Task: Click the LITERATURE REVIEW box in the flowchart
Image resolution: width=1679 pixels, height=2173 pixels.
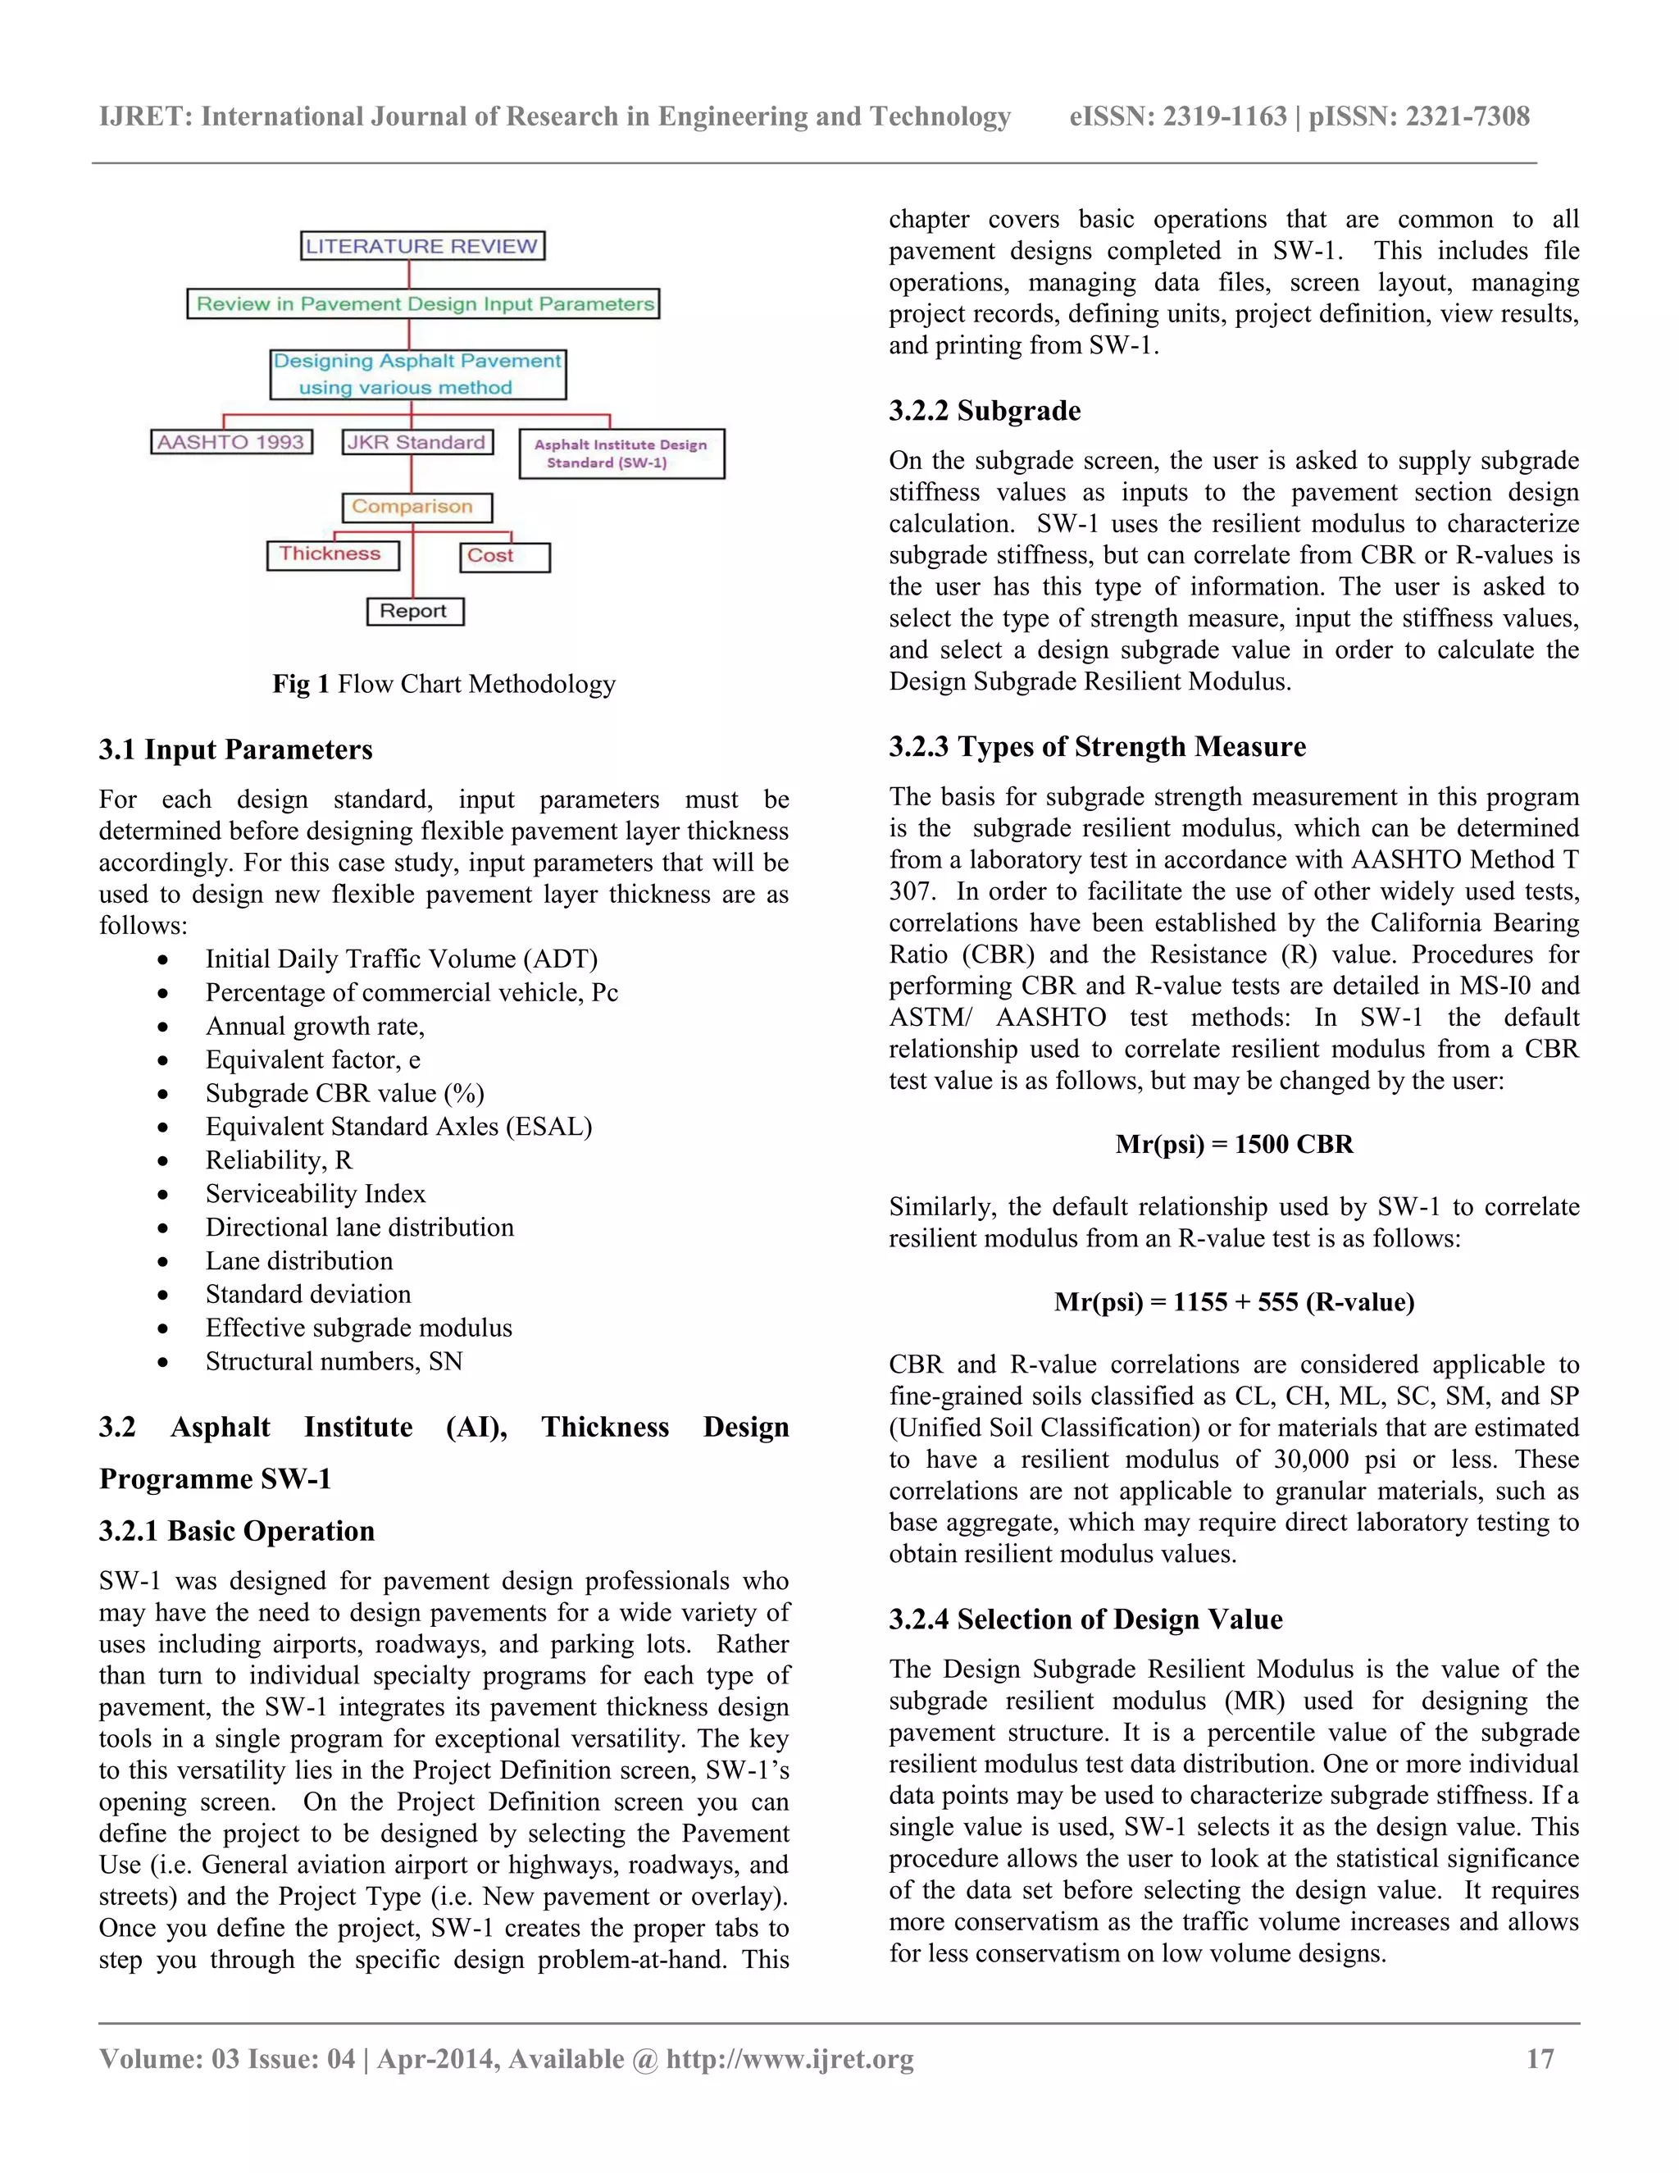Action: click(x=421, y=246)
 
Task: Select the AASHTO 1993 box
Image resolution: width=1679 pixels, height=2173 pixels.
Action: click(x=230, y=442)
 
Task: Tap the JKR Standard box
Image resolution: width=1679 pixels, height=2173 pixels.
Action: click(x=416, y=442)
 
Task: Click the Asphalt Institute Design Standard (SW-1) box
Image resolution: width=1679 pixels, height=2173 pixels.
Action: click(x=621, y=453)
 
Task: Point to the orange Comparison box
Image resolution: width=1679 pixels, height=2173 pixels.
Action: click(x=416, y=507)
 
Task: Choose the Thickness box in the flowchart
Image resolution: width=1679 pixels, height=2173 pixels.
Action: click(x=331, y=554)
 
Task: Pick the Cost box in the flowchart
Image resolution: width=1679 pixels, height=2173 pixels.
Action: click(x=503, y=556)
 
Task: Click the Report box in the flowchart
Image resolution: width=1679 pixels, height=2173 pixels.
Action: click(x=415, y=611)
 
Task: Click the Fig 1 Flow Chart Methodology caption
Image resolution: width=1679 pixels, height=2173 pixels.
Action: click(x=444, y=684)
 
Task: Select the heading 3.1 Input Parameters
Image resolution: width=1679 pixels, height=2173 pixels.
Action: click(x=236, y=749)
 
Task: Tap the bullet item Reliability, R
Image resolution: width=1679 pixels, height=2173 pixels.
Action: click(x=279, y=1160)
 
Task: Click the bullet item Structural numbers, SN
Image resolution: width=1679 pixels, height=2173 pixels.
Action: click(x=333, y=1361)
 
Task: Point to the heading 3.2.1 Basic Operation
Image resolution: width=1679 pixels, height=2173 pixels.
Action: click(x=237, y=1530)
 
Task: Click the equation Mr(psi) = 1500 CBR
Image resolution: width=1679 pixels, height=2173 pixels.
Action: click(x=1233, y=1144)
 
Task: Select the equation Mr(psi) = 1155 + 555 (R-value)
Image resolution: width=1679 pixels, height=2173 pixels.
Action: click(x=1233, y=1302)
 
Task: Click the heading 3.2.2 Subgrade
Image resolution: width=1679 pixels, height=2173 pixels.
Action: click(x=984, y=411)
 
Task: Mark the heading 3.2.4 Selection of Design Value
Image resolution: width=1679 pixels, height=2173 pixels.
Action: click(x=1085, y=1619)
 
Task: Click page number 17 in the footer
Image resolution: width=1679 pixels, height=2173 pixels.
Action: click(x=1540, y=2058)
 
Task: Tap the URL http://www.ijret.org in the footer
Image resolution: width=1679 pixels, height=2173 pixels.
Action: click(x=789, y=2058)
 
